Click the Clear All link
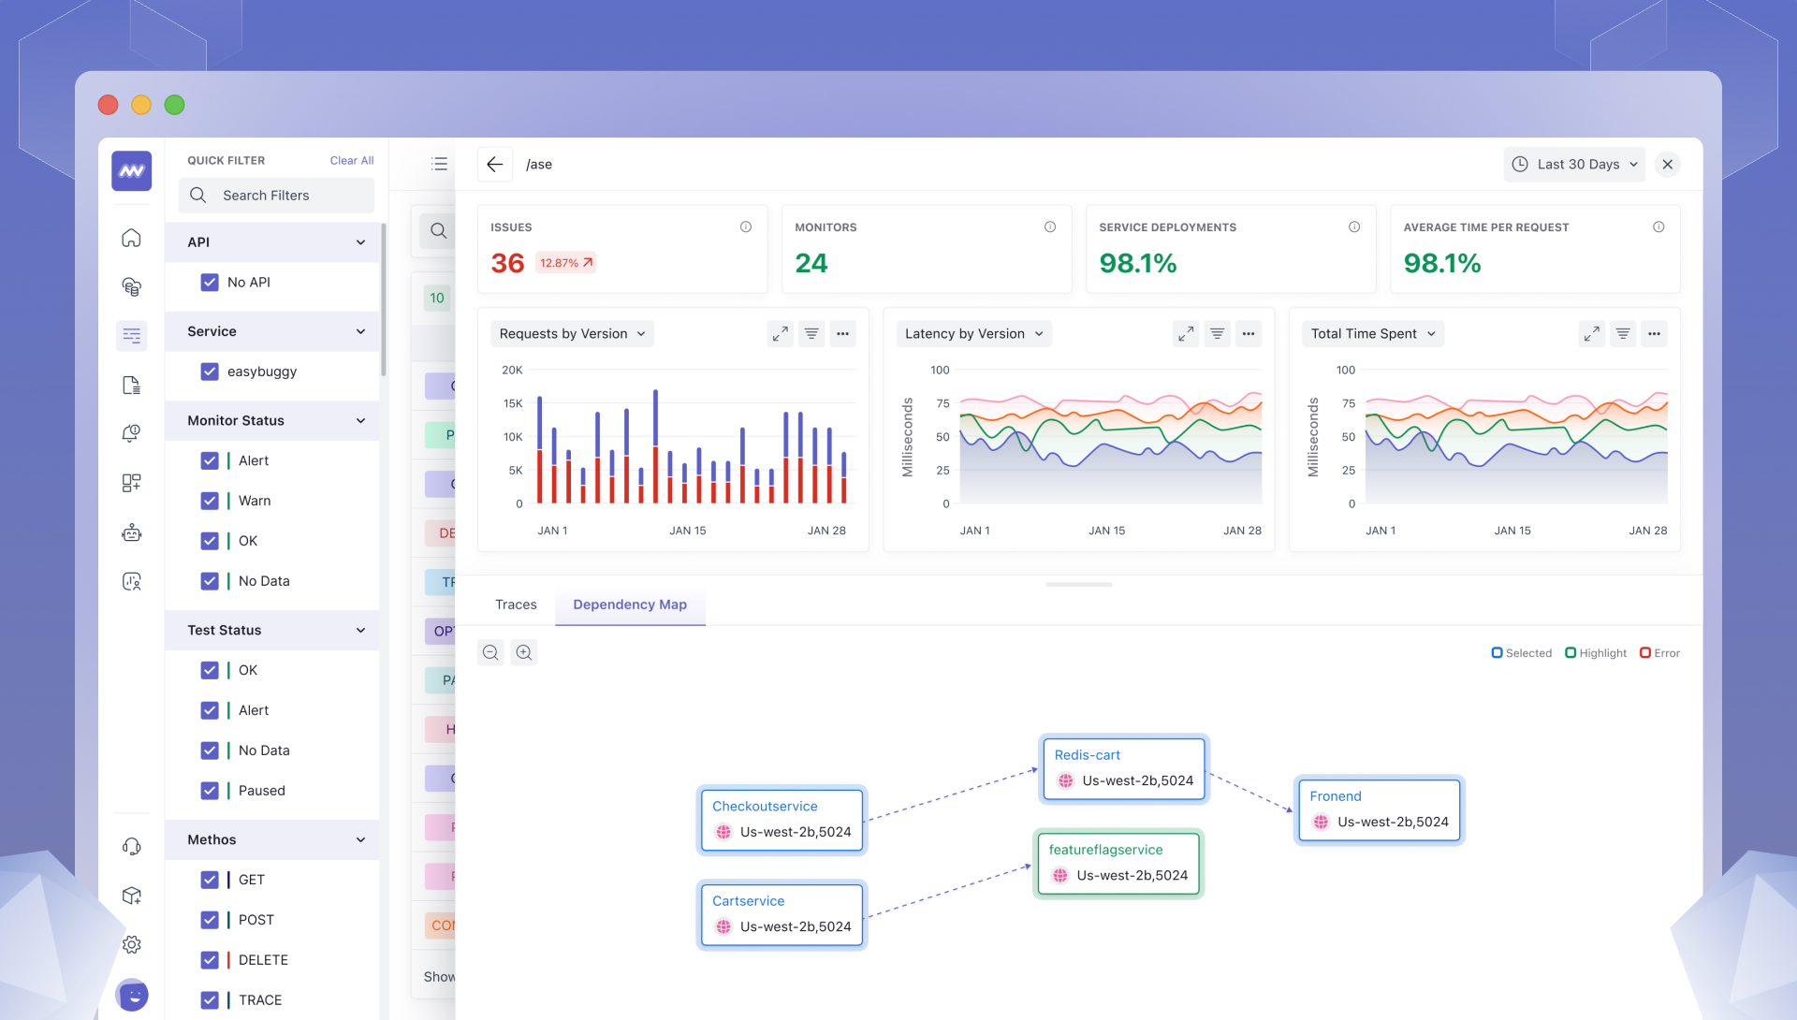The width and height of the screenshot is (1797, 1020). (351, 161)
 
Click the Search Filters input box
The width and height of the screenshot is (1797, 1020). (277, 196)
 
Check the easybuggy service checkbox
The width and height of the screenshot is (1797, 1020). (210, 372)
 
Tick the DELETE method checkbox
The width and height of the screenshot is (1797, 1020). (210, 960)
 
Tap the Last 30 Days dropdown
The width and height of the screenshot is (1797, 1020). (1574, 165)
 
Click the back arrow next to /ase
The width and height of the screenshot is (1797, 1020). (495, 165)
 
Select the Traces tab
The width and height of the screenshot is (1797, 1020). (516, 605)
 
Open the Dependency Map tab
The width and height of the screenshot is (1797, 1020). (630, 605)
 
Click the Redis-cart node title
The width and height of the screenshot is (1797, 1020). (1087, 755)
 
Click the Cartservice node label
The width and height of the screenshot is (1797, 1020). (748, 901)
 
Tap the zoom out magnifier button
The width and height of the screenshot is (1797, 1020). (490, 653)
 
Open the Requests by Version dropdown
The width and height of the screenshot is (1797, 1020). (572, 334)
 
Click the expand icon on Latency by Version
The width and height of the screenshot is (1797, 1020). (1186, 334)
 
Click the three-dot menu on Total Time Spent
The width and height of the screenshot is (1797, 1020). (1654, 334)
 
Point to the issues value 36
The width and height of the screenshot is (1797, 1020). (507, 264)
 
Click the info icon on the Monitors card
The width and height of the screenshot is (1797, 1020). (1050, 227)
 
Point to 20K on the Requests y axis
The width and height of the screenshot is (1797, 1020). (512, 371)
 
